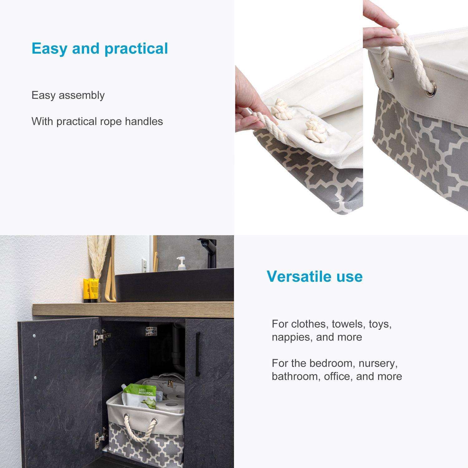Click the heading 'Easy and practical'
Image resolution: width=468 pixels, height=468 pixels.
click(x=100, y=49)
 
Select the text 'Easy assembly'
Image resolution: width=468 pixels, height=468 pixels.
click(x=68, y=95)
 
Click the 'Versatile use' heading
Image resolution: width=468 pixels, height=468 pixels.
click(x=314, y=276)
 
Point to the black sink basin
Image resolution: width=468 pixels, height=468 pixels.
click(x=175, y=285)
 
